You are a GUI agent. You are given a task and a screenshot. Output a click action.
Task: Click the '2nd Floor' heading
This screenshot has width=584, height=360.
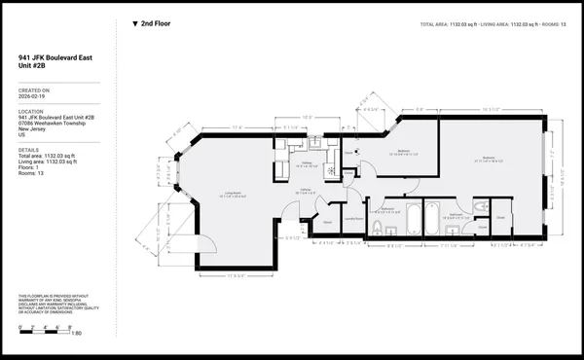tap(156, 22)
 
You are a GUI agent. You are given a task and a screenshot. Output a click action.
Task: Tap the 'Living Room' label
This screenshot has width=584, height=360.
tap(233, 195)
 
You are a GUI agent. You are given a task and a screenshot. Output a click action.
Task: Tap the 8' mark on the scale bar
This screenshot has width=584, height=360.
tap(84, 325)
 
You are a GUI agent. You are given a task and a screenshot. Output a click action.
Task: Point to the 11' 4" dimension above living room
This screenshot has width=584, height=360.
tap(237, 127)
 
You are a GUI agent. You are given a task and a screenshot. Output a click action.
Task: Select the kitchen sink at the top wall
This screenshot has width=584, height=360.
tap(316, 145)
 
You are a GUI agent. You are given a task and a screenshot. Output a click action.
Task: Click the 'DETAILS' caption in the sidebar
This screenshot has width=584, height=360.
tap(28, 150)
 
